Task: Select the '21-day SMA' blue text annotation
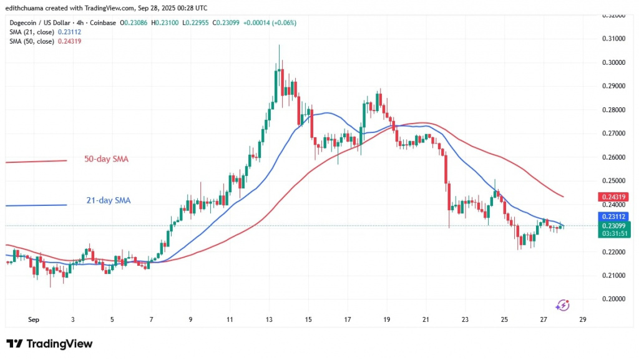point(108,200)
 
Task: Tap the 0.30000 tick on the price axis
point(615,62)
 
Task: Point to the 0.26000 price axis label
point(615,157)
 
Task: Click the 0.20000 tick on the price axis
point(615,299)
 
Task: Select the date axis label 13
point(270,319)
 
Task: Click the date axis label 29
point(583,319)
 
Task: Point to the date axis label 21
point(426,319)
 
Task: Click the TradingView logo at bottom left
point(49,344)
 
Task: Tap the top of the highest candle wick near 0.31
point(279,45)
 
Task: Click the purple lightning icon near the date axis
point(562,304)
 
